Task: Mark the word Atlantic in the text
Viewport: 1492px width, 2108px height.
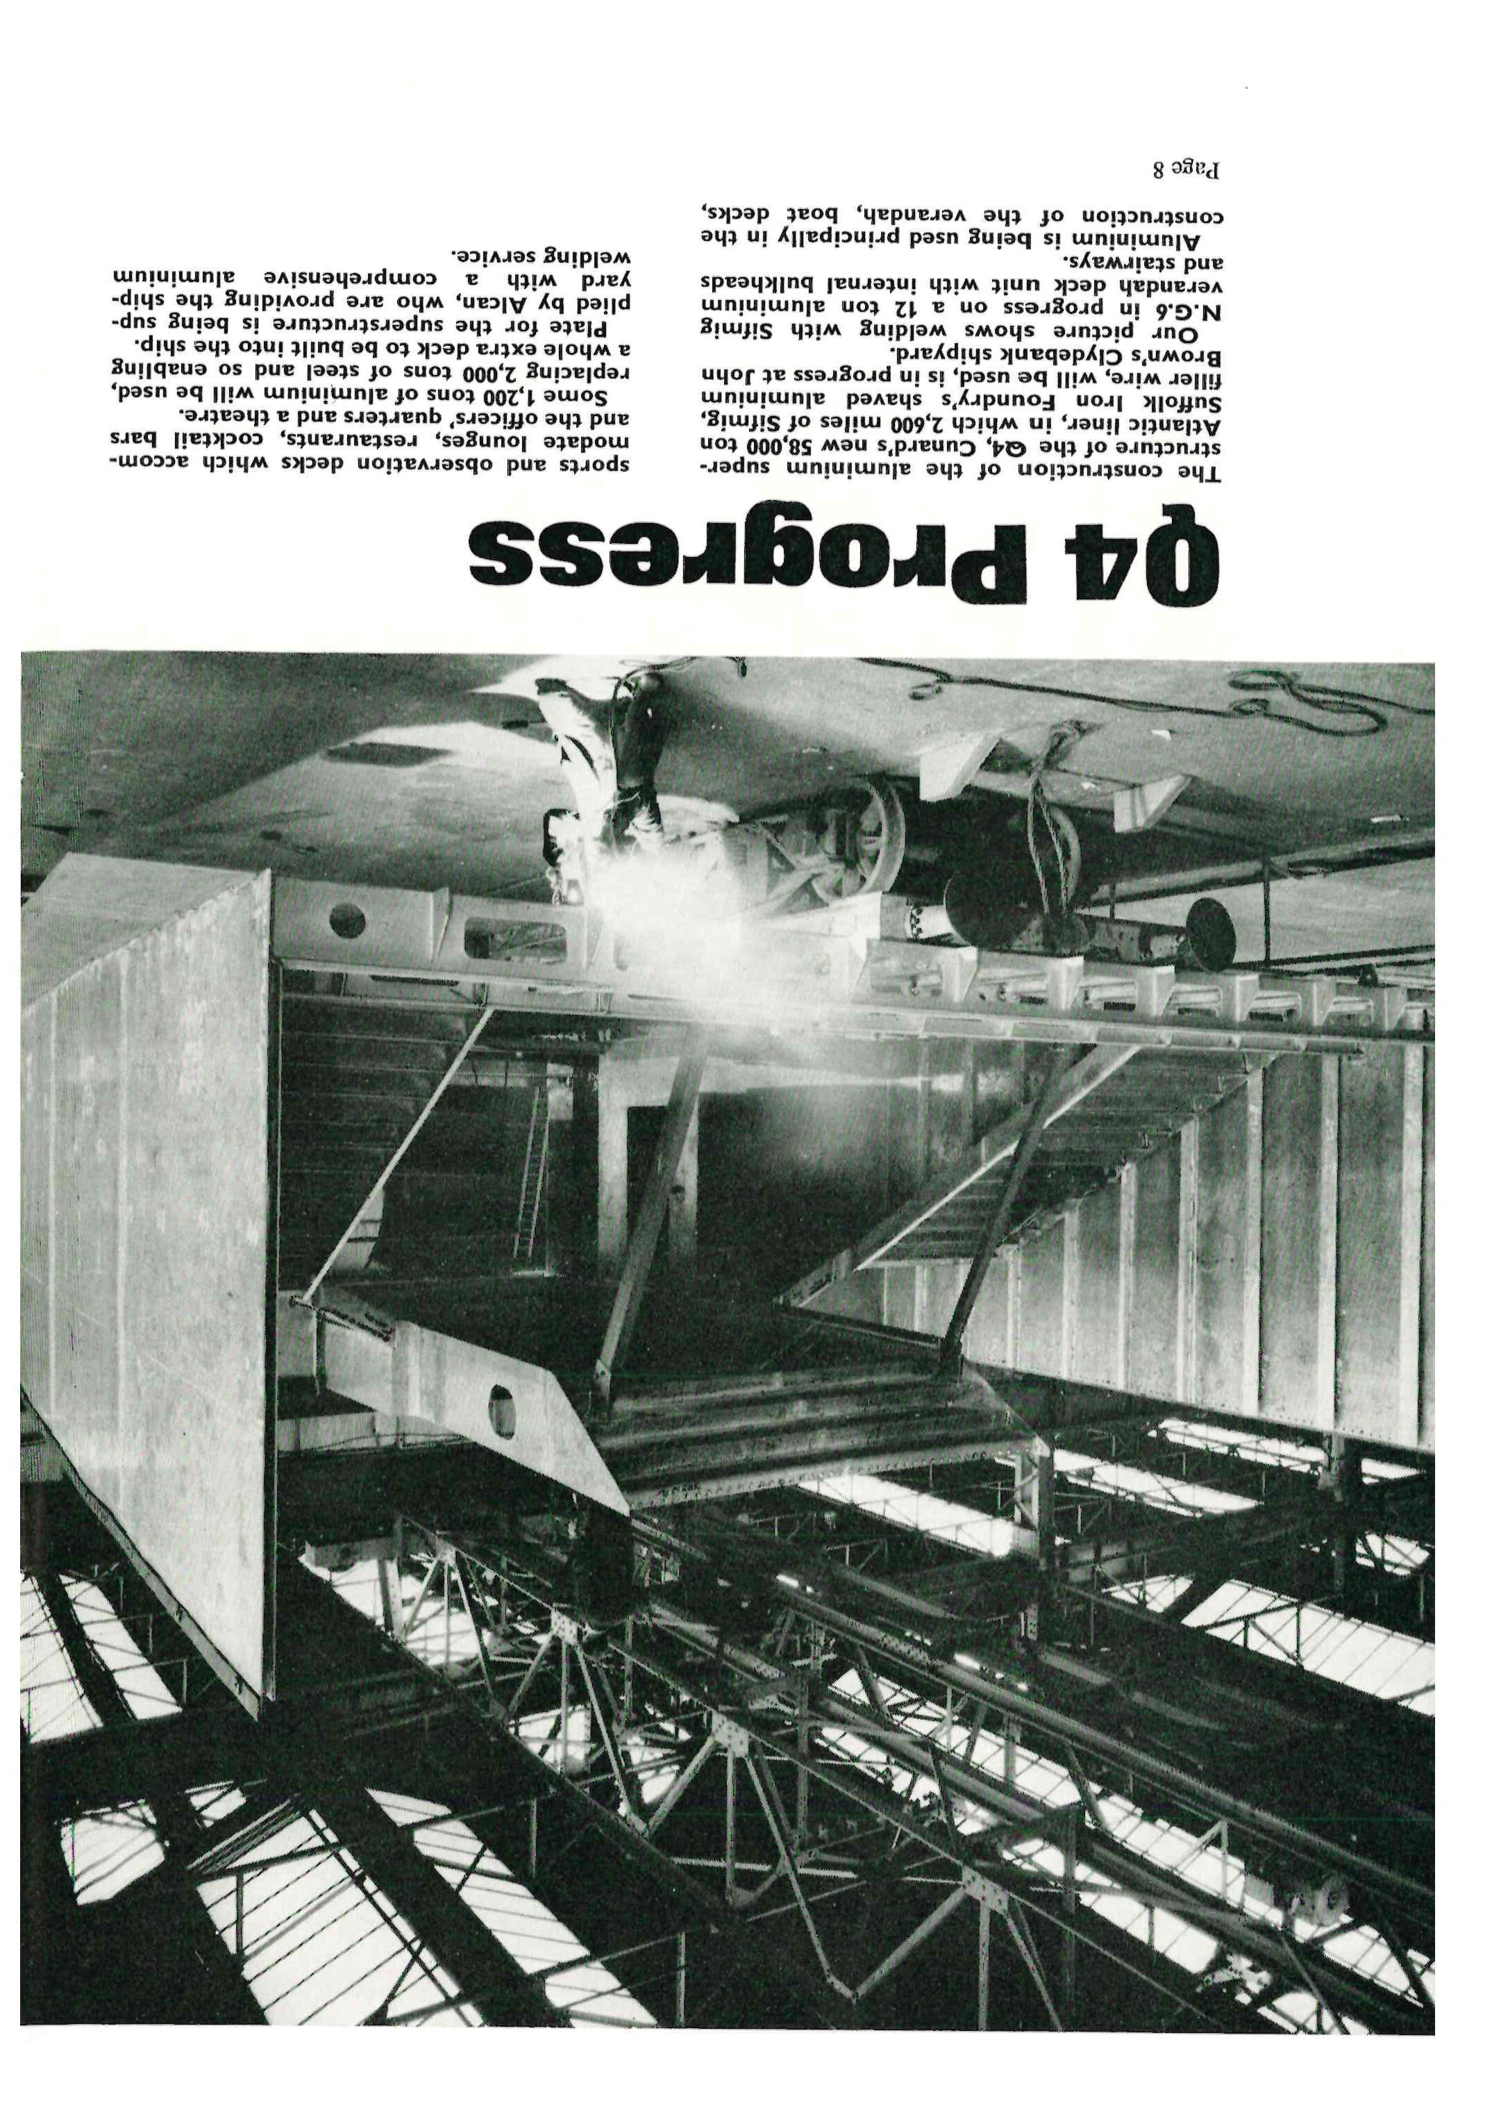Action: pos(1185,426)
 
